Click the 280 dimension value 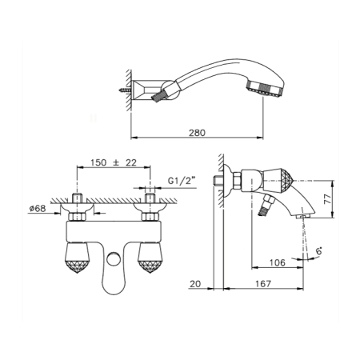click(x=197, y=133)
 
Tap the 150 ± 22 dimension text click(x=114, y=162)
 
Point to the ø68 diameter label click(x=38, y=208)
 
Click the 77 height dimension click(x=328, y=199)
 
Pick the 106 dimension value click(x=278, y=262)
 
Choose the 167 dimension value click(x=263, y=284)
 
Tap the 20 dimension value click(x=195, y=284)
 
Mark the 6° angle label click(x=319, y=251)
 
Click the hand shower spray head click(x=266, y=88)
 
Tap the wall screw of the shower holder click(x=125, y=90)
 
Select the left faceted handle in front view click(x=77, y=258)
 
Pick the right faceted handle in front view click(x=150, y=258)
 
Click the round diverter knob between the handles click(x=114, y=258)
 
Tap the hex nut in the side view click(x=237, y=181)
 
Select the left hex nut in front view click(x=78, y=217)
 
